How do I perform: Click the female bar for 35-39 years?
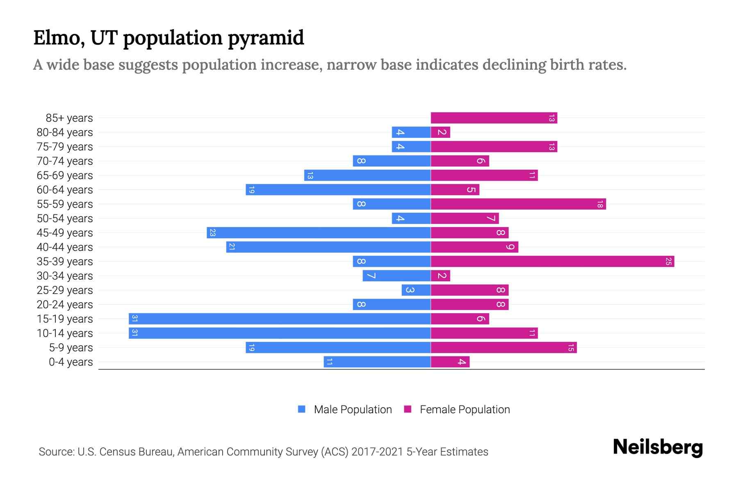point(552,262)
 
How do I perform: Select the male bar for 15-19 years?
point(280,319)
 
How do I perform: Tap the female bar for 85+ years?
point(494,118)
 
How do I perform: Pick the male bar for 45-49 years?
point(319,233)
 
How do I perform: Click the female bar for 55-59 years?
point(518,204)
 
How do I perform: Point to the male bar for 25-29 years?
point(416,290)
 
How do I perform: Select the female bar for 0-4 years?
point(450,362)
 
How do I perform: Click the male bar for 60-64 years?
point(338,190)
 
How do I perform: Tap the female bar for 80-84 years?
point(440,132)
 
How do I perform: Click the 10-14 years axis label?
point(65,333)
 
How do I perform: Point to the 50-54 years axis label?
point(65,219)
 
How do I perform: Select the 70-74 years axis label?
point(65,161)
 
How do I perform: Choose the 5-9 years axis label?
point(71,348)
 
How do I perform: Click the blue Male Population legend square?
point(302,409)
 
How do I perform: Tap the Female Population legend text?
point(465,410)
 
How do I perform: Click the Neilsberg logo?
point(658,447)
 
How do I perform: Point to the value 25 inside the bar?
point(668,262)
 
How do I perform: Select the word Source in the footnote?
point(56,452)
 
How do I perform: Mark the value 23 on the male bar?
point(212,233)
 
